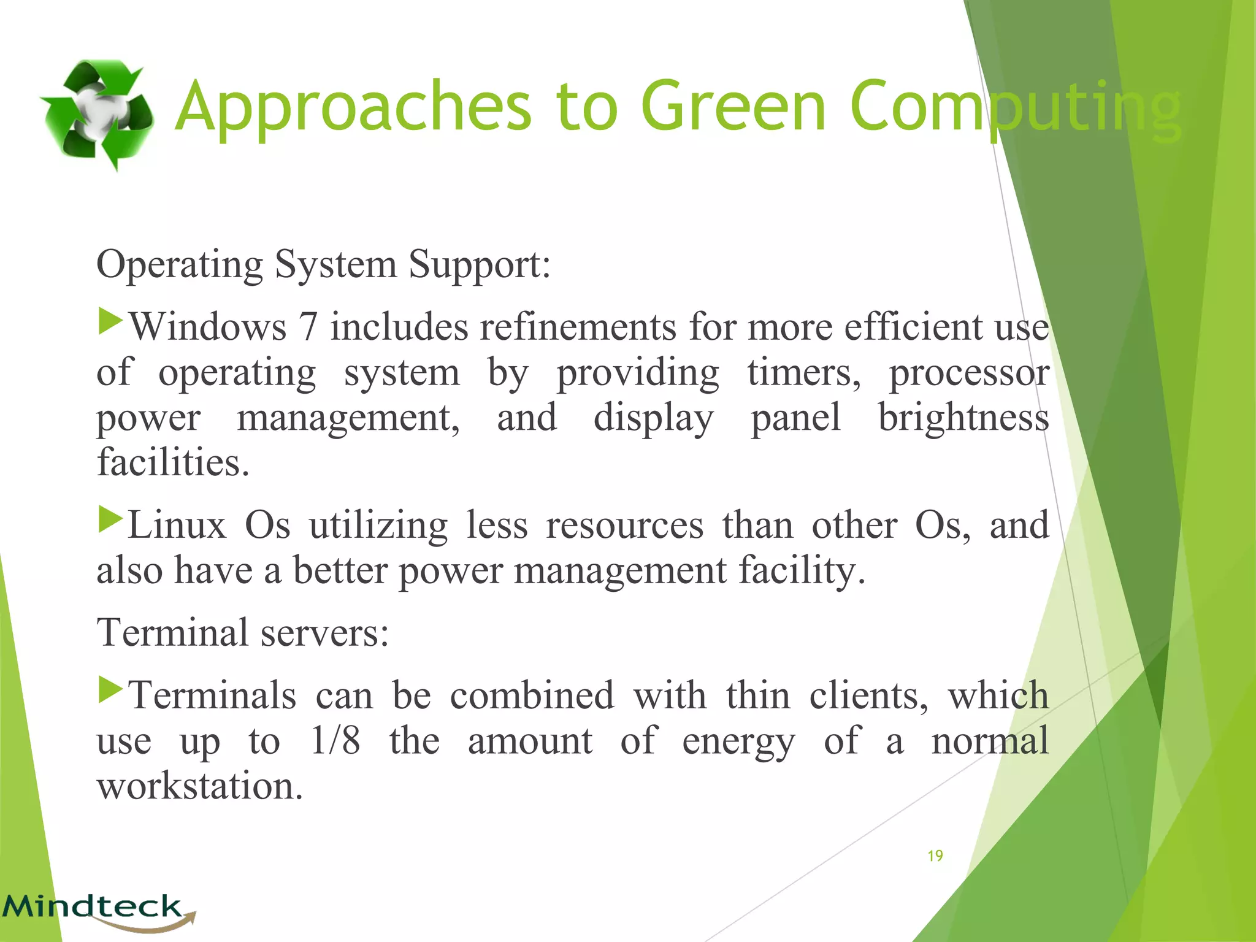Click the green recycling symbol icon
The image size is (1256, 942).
(97, 114)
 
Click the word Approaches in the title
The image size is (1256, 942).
(353, 107)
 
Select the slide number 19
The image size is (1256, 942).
(935, 856)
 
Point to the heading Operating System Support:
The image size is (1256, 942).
(324, 264)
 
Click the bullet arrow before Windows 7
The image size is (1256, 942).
(111, 321)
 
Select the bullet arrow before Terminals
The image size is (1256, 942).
(111, 690)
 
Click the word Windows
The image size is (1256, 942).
(208, 326)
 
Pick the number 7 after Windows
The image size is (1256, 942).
(308, 326)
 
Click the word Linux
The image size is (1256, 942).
(177, 525)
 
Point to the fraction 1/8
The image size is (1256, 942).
(335, 740)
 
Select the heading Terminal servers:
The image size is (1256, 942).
(243, 632)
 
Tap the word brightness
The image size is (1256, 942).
(963, 418)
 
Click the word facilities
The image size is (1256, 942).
(173, 462)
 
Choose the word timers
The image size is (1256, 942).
(804, 372)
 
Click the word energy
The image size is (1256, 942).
(738, 741)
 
